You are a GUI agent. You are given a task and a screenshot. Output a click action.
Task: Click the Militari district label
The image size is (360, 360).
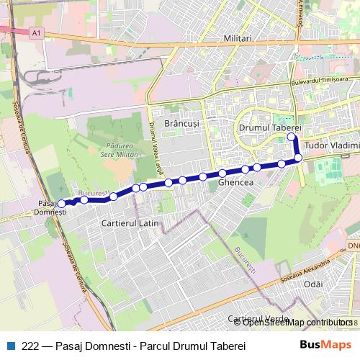[x=238, y=38]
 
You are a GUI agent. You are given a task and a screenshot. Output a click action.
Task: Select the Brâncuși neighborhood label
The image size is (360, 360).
[x=181, y=124]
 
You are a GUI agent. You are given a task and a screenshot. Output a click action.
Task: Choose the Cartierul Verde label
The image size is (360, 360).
[x=252, y=318]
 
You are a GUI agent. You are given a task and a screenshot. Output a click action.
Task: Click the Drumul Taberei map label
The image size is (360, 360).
[x=269, y=127]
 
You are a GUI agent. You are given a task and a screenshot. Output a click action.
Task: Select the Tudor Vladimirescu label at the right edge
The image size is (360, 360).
[x=331, y=145]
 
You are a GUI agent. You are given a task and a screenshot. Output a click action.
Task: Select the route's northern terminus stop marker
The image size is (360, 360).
[x=292, y=137]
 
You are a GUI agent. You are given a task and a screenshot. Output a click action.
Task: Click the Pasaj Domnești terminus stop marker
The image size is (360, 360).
[x=61, y=204]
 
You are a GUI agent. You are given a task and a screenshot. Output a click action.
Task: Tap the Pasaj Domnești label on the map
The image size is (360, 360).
[x=50, y=208]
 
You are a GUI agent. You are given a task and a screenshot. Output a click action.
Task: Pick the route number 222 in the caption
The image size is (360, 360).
[x=30, y=346]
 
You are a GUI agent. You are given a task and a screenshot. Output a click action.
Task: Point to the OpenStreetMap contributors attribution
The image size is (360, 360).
[x=297, y=323]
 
